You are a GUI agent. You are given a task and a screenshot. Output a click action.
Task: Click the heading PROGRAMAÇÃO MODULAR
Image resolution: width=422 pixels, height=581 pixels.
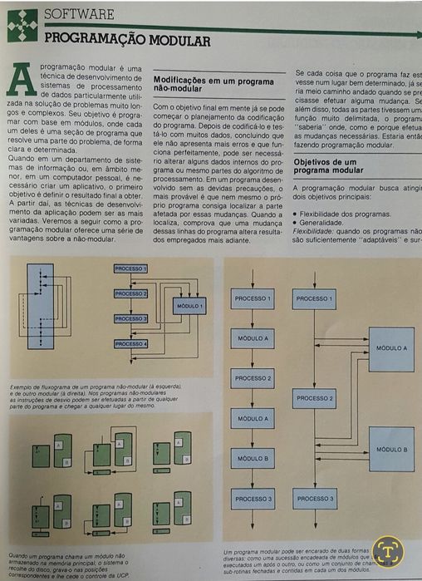tap(126, 39)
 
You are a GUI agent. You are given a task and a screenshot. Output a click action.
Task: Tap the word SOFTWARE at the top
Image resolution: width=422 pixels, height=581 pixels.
tap(78, 14)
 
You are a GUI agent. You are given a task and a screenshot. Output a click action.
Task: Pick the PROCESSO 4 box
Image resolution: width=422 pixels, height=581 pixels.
tap(130, 344)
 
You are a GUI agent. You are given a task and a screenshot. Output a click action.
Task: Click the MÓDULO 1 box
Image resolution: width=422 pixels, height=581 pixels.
tap(190, 306)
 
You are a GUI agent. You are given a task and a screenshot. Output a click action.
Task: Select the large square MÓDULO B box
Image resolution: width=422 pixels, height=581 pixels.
tap(390, 449)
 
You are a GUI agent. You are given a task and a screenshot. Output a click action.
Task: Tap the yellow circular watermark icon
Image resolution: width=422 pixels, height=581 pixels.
tap(387, 550)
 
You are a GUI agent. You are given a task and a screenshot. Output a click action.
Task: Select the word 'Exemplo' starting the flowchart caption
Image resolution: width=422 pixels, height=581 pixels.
tap(22, 387)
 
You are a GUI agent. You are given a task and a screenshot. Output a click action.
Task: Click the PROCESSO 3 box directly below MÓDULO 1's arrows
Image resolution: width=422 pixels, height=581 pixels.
tap(130, 318)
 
